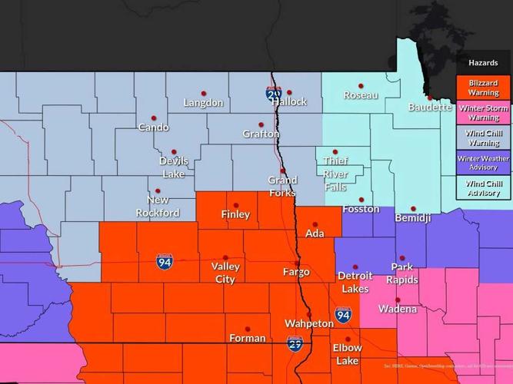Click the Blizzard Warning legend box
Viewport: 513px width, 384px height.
coord(483,88)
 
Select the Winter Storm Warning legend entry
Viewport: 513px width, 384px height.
coord(483,113)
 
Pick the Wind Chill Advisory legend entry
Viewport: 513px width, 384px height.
coord(483,188)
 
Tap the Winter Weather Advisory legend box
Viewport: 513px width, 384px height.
coord(483,163)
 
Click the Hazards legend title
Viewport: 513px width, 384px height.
coord(483,62)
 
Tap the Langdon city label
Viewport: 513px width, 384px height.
coord(203,103)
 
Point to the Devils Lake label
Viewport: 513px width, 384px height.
coord(173,167)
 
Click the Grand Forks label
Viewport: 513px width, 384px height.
coord(282,186)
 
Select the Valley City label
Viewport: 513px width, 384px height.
coord(225,273)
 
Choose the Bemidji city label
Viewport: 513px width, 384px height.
coord(413,219)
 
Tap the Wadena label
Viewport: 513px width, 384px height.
coord(398,309)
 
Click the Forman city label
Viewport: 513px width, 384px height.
coord(248,338)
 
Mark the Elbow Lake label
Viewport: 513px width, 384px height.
coord(347,354)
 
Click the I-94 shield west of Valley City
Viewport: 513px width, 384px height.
coord(164,262)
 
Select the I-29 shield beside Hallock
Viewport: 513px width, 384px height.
coord(274,94)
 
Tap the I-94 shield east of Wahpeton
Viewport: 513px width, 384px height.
coord(343,314)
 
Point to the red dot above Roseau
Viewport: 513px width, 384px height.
coord(361,86)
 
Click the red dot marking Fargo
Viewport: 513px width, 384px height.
coord(297,263)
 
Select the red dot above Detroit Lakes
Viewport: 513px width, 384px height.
coord(355,266)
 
